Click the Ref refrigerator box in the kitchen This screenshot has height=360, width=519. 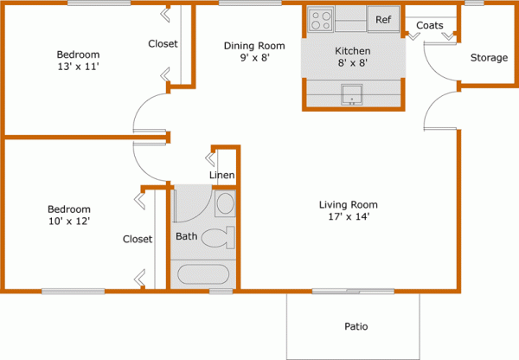point(382,20)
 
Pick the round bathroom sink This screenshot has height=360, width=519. point(224,205)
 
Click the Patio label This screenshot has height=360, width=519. point(356,327)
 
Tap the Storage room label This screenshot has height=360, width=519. point(489,58)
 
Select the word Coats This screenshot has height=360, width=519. point(430,25)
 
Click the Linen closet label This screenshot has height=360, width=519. point(222,177)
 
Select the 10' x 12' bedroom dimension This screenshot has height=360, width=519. point(68,222)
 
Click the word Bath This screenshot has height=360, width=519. point(186,236)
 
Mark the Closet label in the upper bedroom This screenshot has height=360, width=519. point(163,44)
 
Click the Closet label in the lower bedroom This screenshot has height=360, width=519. point(138,239)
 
